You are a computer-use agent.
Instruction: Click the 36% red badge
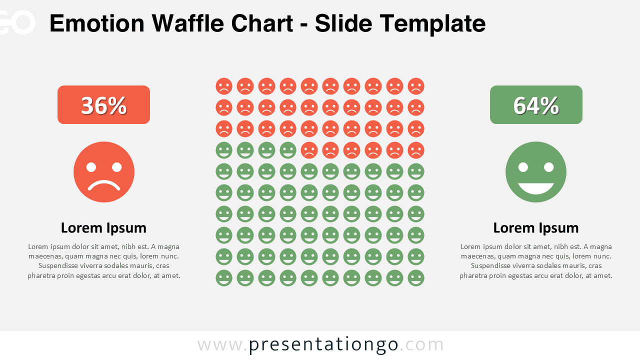[103, 104]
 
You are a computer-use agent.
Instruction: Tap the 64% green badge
[536, 104]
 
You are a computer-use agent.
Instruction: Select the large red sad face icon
[103, 172]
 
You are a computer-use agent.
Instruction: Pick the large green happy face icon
[536, 172]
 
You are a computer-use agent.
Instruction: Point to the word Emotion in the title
[97, 23]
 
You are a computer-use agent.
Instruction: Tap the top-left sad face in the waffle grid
[224, 86]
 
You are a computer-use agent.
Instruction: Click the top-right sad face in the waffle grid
[416, 86]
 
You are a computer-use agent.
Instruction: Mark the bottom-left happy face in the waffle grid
[224, 278]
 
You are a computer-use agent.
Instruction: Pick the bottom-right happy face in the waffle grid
[416, 278]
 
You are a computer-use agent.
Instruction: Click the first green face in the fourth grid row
[224, 150]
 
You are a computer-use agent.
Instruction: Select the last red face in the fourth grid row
[416, 150]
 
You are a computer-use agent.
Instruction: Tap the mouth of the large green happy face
[536, 188]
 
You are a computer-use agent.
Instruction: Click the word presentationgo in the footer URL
[323, 345]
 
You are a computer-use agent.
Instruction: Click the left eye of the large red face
[91, 167]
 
